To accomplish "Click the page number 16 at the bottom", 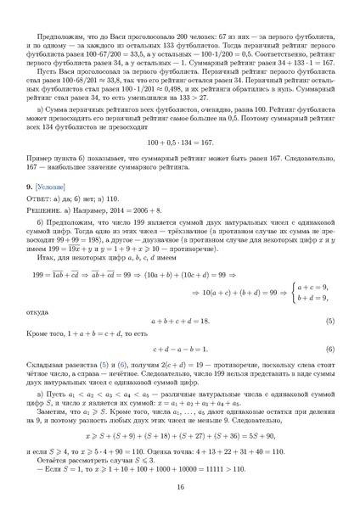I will click(180, 485).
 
